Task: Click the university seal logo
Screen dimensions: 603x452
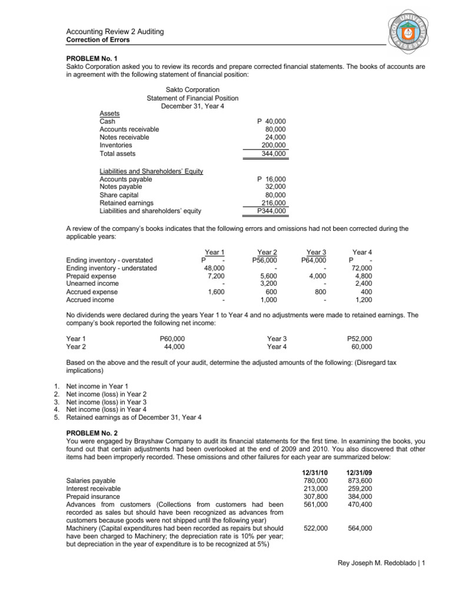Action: pyautogui.click(x=413, y=29)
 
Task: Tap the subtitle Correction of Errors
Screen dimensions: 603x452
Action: pyautogui.click(x=97, y=39)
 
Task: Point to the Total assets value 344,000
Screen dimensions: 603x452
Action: pyautogui.click(x=274, y=154)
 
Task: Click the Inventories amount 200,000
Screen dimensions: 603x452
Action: pyautogui.click(x=274, y=145)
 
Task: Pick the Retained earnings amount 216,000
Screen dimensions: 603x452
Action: pyautogui.click(x=274, y=203)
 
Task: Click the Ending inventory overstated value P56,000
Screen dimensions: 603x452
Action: pyautogui.click(x=265, y=260)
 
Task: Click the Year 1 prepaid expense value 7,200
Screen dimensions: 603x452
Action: pyautogui.click(x=216, y=276)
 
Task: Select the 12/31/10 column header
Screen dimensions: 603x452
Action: pyautogui.click(x=315, y=473)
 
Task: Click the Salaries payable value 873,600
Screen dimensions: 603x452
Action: pyautogui.click(x=360, y=481)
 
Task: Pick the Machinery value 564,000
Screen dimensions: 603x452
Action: pyautogui.click(x=360, y=528)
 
